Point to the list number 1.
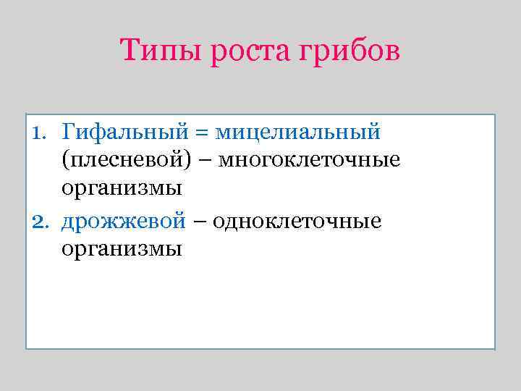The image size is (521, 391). (x=39, y=133)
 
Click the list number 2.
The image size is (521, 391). (x=40, y=221)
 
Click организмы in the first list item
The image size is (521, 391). (x=121, y=190)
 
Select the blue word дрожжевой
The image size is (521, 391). (x=123, y=221)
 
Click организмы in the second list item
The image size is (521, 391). (x=121, y=250)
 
